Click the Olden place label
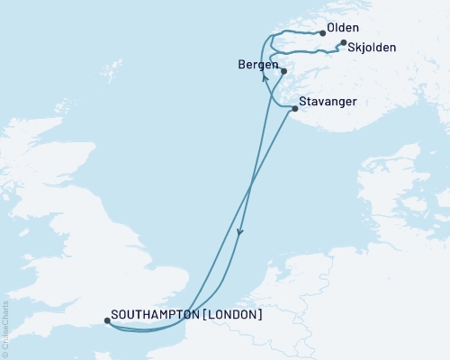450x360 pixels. coord(344,29)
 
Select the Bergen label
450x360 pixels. coord(256,66)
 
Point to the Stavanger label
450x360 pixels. coord(328,102)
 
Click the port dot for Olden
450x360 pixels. coord(322,33)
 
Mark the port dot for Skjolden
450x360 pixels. coord(343,42)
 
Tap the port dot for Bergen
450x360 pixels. coord(283,71)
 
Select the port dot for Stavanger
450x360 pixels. coord(295,109)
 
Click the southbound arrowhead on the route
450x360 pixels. coord(239,232)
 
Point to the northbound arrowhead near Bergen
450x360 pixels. coord(264,77)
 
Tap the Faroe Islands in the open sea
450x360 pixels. coord(113,67)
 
